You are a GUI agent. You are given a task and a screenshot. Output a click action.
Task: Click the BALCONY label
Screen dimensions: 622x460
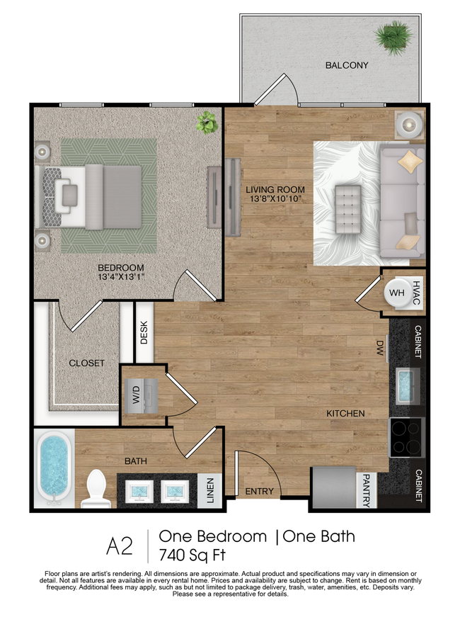[x=347, y=65]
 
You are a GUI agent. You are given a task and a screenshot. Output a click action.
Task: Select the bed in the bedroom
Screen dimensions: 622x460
[x=93, y=197]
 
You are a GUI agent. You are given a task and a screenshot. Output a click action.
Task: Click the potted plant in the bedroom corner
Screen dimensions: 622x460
[x=207, y=122]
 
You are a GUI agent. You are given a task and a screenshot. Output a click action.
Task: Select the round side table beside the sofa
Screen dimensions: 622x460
[x=408, y=125]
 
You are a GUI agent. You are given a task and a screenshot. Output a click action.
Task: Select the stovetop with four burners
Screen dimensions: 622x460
[x=406, y=437]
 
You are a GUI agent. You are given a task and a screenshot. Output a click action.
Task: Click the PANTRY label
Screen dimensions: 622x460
[x=367, y=490]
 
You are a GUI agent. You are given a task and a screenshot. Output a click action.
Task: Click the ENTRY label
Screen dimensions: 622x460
[x=260, y=491]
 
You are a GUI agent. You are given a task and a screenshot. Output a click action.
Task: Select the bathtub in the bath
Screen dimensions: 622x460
[x=54, y=467]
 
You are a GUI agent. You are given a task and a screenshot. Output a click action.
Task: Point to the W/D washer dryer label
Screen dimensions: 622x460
[x=136, y=396]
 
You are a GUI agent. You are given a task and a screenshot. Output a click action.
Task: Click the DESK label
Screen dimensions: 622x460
[x=144, y=333]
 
